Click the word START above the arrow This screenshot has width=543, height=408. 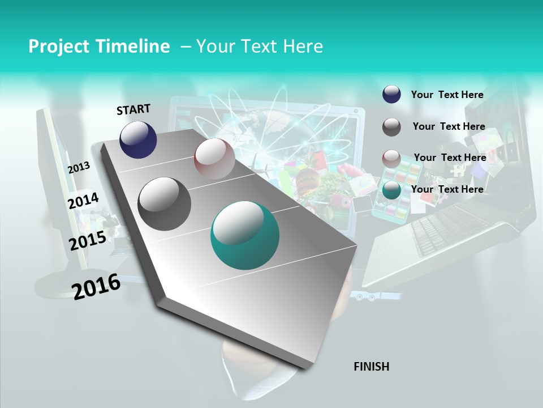coord(133,109)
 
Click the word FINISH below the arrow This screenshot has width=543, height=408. coord(371,367)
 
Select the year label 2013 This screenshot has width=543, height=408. coord(79,167)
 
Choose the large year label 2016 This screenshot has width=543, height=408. coord(96,286)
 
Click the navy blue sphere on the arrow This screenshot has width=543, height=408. coord(138,139)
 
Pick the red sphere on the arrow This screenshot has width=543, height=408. coord(214,159)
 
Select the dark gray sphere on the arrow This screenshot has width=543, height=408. coord(164,204)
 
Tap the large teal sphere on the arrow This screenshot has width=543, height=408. coord(245,235)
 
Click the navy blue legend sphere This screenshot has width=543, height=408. coord(391,94)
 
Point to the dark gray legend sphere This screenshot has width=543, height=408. coord(391,127)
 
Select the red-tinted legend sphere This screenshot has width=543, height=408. coord(391,159)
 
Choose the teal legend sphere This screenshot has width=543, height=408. coord(391,190)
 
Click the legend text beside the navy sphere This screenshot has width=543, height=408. coord(447,95)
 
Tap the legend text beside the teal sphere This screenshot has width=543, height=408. coord(447,189)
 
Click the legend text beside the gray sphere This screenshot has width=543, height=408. coord(449,126)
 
